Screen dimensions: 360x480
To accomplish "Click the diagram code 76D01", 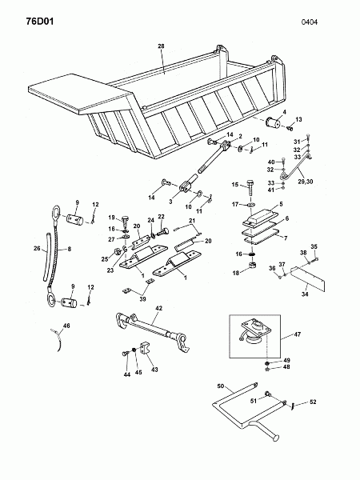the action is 40,22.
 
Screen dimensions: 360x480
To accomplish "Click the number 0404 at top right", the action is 309,22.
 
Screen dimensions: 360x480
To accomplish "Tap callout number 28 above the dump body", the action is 161,46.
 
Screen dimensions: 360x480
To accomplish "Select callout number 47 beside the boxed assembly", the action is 298,334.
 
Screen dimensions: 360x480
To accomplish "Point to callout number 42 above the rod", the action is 159,308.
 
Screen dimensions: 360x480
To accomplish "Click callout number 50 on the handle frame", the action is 221,386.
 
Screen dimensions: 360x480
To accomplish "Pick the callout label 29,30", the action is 306,182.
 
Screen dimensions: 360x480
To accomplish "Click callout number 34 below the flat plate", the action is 305,294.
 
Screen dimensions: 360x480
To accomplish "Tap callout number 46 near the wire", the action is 66,326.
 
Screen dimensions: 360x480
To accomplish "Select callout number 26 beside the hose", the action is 37,248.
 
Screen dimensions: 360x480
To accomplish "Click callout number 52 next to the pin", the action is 313,402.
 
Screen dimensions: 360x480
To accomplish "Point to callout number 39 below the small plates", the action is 142,299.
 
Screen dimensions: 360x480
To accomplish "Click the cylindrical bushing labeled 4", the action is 274,123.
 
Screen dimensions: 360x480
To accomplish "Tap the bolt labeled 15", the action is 250,188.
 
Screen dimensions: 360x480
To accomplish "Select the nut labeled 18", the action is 252,265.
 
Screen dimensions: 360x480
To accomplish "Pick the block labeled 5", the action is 259,217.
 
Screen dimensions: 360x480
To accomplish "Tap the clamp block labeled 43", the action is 145,348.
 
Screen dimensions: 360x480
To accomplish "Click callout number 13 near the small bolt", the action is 298,119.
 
